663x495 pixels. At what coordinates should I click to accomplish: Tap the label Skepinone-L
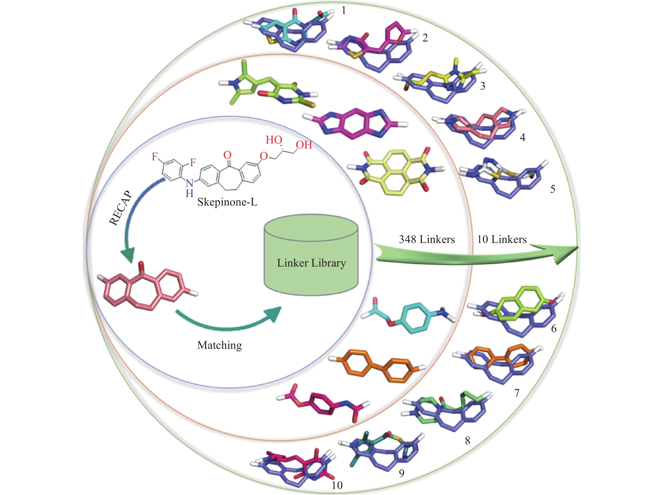[x=227, y=202]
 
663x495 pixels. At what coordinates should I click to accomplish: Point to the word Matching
[x=219, y=345]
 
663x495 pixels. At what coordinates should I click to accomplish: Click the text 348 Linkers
[x=426, y=239]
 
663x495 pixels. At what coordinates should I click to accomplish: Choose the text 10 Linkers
[x=502, y=239]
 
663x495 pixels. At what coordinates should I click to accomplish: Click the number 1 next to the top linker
[x=344, y=11]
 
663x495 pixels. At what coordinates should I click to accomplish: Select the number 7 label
[x=517, y=393]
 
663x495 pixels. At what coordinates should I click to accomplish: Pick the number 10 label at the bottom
[x=337, y=485]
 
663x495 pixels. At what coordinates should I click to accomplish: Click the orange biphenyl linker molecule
[x=378, y=366]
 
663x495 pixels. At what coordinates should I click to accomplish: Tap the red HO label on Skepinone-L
[x=274, y=140]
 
